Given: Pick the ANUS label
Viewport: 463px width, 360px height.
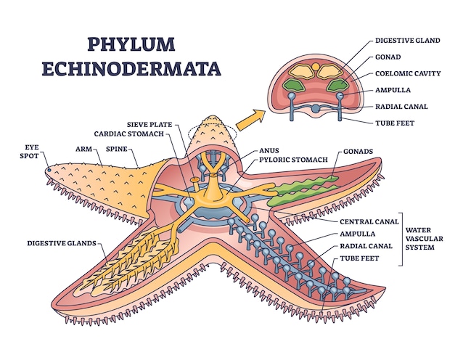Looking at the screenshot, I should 269,152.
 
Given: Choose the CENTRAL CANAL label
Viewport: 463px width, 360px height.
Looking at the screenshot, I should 369,221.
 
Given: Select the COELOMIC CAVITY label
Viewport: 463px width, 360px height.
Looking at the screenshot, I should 406,73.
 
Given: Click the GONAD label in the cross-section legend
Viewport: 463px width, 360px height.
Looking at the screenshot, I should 388,56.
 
